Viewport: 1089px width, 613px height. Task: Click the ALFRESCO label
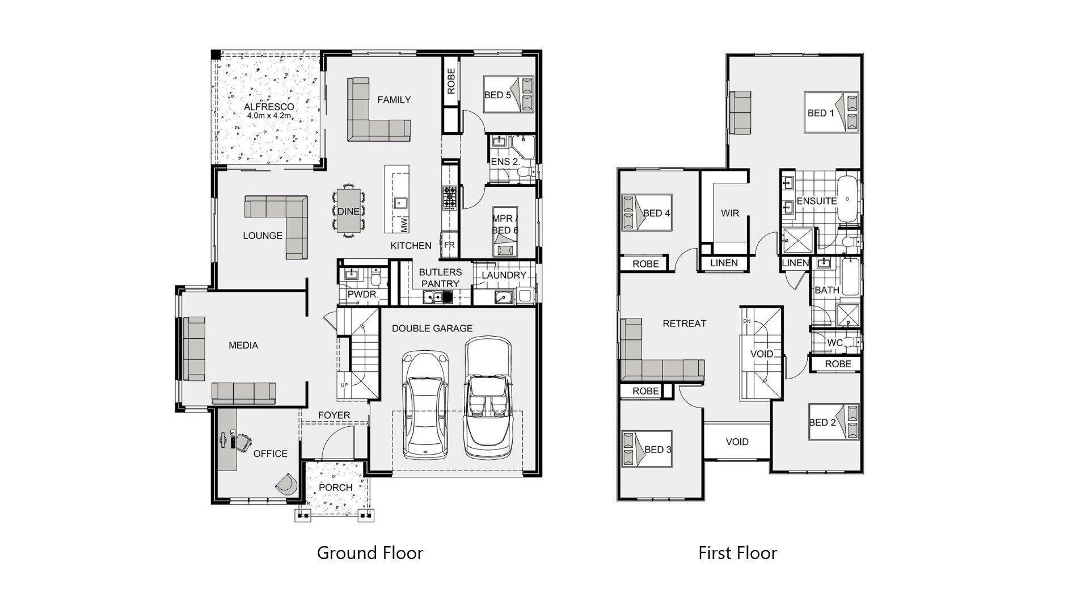point(269,107)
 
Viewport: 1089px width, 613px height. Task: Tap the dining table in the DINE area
point(348,211)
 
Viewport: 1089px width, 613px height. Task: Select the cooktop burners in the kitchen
point(450,197)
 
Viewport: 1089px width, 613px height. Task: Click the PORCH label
point(335,488)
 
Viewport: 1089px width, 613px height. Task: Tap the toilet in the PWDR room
point(375,278)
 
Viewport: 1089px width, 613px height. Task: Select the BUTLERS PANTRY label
point(440,278)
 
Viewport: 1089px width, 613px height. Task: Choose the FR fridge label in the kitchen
point(449,245)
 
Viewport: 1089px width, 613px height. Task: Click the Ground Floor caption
point(370,553)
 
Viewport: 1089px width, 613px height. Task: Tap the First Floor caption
point(737,553)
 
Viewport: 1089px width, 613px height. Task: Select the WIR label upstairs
point(730,213)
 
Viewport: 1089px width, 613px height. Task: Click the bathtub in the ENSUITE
point(849,199)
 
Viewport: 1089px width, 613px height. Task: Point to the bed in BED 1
point(831,112)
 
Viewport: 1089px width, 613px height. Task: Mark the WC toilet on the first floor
point(851,342)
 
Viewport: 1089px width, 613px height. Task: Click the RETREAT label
point(685,324)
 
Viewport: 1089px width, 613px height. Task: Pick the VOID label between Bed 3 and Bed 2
point(737,442)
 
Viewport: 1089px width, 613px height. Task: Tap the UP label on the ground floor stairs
point(344,385)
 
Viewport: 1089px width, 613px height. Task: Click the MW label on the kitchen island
point(404,225)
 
